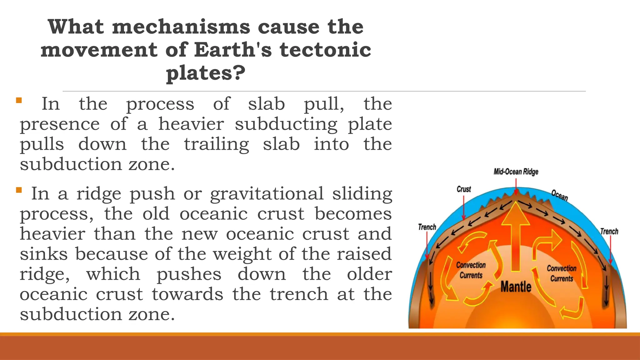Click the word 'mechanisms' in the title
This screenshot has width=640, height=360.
[x=181, y=27]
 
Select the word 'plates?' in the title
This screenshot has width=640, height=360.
[x=206, y=73]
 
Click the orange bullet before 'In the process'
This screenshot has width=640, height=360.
[x=19, y=100]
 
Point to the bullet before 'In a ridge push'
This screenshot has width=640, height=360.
[x=19, y=190]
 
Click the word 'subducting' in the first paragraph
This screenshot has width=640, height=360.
[x=286, y=124]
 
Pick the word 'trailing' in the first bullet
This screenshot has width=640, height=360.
[x=216, y=144]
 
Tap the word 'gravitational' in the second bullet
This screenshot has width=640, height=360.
[x=267, y=193]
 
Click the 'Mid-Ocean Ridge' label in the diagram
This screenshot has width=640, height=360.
[x=516, y=172]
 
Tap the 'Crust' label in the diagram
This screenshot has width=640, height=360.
[x=464, y=189]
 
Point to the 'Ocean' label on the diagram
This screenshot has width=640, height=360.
[x=559, y=195]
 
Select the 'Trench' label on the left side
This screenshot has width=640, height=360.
[x=427, y=227]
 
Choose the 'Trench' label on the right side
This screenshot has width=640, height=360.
[x=609, y=231]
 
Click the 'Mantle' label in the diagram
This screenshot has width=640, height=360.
[x=516, y=287]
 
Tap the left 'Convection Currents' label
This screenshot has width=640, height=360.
[x=471, y=270]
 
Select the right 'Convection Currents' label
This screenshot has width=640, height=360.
[x=562, y=273]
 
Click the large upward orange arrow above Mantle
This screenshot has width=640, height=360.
[x=516, y=234]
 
